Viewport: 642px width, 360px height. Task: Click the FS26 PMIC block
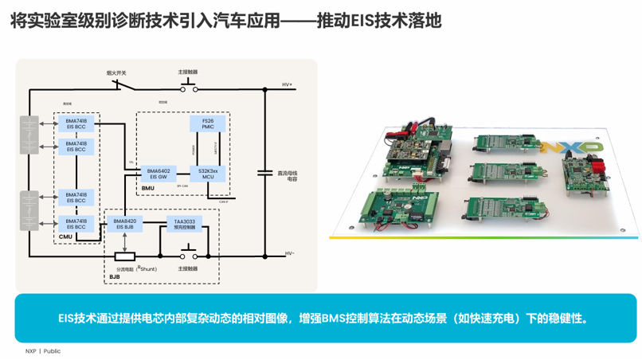pyautogui.click(x=207, y=123)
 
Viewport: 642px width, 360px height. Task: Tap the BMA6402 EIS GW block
pyautogui.click(x=155, y=173)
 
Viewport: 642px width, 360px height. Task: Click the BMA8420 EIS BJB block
pyautogui.click(x=124, y=224)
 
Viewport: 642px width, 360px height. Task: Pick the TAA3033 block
pyautogui.click(x=185, y=224)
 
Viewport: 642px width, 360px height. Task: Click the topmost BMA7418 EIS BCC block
pyautogui.click(x=76, y=123)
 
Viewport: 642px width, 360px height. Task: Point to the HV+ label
pyautogui.click(x=288, y=84)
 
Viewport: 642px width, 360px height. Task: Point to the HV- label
pyautogui.click(x=289, y=254)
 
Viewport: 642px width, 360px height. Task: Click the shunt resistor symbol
pyautogui.click(x=125, y=256)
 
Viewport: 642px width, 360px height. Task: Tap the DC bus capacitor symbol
pyautogui.click(x=265, y=171)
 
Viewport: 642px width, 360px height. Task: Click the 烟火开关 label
pyautogui.click(x=116, y=72)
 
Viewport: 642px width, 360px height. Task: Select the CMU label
pyautogui.click(x=65, y=237)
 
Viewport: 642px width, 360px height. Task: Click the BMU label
pyautogui.click(x=147, y=188)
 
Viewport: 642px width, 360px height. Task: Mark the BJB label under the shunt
pyautogui.click(x=115, y=277)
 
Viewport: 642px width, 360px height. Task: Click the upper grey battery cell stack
pyautogui.click(x=29, y=135)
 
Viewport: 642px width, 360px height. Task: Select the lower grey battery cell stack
pyautogui.click(x=29, y=210)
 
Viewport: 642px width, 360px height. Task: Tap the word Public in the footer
pyautogui.click(x=52, y=351)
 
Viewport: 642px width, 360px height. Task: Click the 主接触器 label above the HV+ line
pyautogui.click(x=188, y=72)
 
